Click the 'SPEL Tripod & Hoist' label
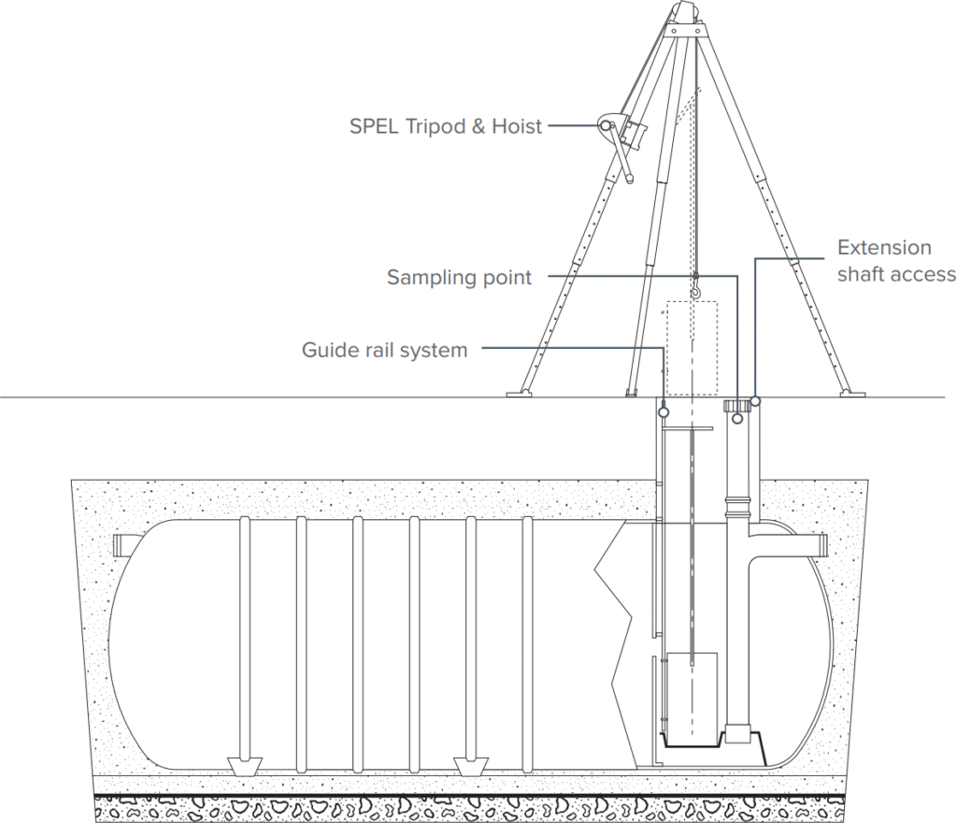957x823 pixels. (445, 126)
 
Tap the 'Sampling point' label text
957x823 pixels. (459, 278)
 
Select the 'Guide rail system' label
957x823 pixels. (384, 351)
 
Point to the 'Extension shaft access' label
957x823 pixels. (895, 261)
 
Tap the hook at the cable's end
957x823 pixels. (695, 286)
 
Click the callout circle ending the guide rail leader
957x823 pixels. (664, 409)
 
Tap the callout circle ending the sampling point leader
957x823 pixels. (737, 418)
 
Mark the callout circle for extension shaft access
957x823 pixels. (755, 400)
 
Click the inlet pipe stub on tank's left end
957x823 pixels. (125, 545)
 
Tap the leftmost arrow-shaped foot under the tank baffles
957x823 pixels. (244, 765)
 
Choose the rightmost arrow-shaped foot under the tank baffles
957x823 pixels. (471, 765)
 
